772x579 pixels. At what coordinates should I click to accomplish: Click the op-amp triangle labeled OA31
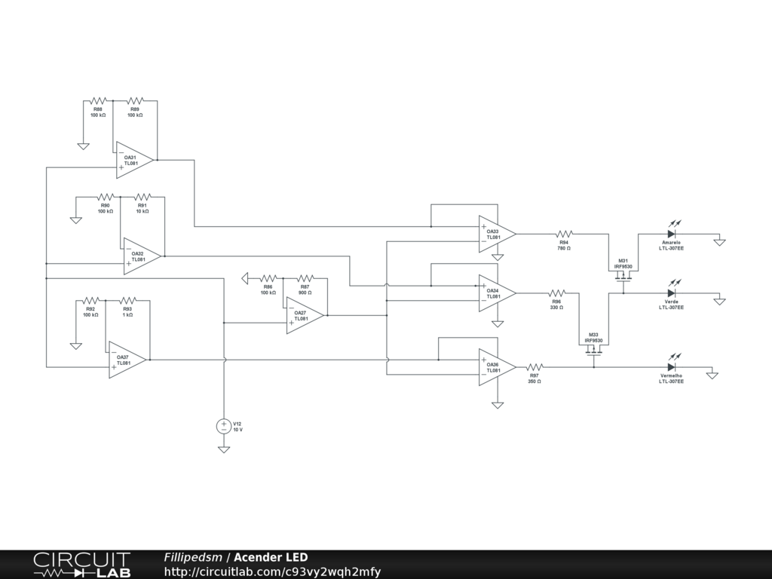(x=134, y=160)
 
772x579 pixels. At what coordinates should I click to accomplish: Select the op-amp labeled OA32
(x=142, y=256)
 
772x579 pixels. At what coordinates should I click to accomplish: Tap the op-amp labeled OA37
(x=127, y=360)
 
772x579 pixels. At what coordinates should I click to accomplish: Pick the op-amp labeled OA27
(x=305, y=315)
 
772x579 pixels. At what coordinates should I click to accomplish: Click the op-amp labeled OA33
(x=496, y=234)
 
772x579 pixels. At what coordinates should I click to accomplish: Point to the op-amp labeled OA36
(x=496, y=368)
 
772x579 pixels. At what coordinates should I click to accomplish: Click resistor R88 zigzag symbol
(x=98, y=100)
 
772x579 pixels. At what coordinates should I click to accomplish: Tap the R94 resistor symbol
(x=564, y=234)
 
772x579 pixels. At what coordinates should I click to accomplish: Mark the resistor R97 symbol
(x=534, y=367)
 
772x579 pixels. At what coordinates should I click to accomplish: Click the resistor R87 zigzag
(x=305, y=278)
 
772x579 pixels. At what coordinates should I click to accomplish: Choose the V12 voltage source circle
(x=224, y=426)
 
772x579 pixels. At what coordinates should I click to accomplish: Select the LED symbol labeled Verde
(x=671, y=293)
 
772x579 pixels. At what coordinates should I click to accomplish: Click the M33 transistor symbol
(x=594, y=349)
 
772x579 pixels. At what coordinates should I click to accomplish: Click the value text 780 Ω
(x=564, y=248)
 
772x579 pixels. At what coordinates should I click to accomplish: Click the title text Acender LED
(x=271, y=557)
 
